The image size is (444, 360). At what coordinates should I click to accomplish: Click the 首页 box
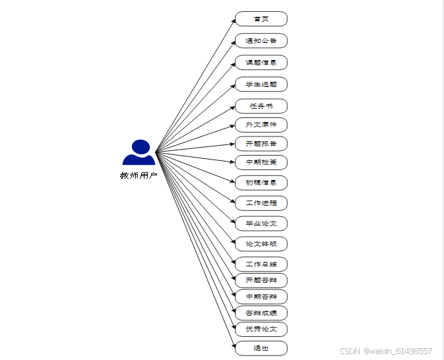261,18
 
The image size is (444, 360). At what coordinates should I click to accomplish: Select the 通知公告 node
261,41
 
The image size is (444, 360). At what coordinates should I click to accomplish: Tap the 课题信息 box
261,63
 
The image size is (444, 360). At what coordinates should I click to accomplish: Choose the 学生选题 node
261,84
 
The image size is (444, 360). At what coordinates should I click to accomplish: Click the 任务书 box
261,106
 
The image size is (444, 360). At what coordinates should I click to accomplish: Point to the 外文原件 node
261,125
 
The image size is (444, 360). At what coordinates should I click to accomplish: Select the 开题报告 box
261,144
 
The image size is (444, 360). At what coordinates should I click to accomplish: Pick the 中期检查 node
261,162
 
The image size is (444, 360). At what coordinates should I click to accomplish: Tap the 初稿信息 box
261,183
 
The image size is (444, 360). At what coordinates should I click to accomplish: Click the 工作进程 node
261,203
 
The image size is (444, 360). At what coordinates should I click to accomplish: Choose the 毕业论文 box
261,224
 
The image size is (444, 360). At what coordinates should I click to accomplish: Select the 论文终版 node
261,244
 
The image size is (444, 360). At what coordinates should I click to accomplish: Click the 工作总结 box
261,264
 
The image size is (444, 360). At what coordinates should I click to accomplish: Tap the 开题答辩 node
261,280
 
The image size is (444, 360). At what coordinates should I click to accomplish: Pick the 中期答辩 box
261,297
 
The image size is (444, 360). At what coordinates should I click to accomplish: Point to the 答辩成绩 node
261,313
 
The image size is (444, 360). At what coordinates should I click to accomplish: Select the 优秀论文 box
261,329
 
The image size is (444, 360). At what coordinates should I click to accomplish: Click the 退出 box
261,348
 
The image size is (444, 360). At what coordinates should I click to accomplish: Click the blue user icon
139,153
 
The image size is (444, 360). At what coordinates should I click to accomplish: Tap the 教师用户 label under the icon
139,175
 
